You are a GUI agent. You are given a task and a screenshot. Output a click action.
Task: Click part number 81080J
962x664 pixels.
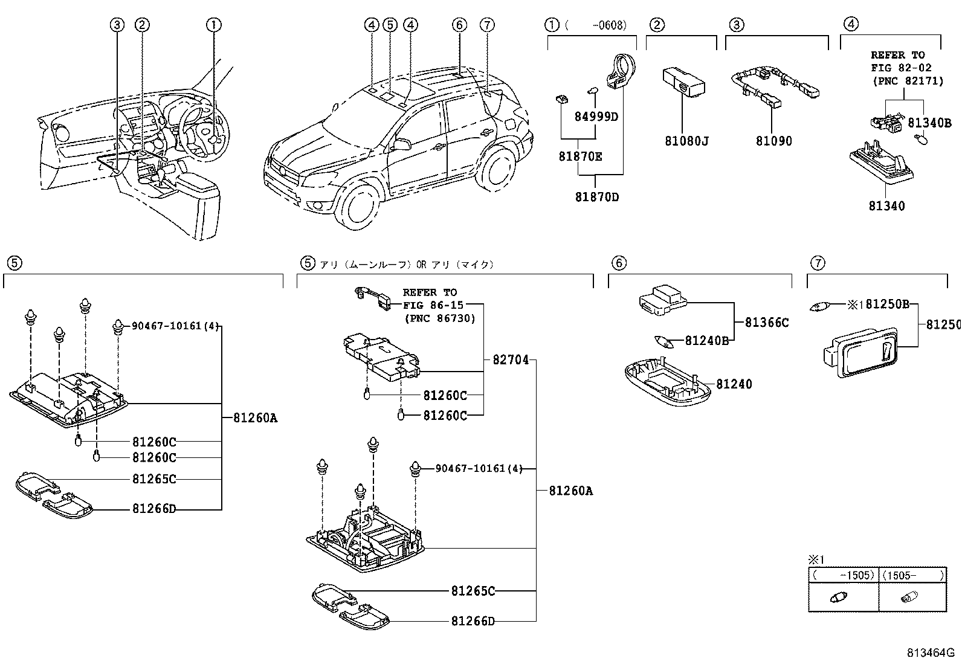(686, 141)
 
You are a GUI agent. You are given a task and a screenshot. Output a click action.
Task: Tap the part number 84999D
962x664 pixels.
(596, 117)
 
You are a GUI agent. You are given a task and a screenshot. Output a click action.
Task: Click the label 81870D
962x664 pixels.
(596, 197)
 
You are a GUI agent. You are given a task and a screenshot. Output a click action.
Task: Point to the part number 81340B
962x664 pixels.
(929, 123)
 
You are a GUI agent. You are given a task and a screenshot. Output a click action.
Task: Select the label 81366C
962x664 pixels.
(766, 323)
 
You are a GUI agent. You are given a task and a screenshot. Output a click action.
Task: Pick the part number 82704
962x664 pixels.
(510, 360)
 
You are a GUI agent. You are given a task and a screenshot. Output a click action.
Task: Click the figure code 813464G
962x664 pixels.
(930, 653)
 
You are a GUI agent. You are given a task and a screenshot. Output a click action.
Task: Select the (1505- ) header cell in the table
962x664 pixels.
(912, 575)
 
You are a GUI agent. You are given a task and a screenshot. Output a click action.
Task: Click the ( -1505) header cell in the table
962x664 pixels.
(844, 575)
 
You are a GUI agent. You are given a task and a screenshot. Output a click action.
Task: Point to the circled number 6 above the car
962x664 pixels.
(459, 25)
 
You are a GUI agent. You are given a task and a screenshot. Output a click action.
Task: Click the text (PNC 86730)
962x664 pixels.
(439, 318)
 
